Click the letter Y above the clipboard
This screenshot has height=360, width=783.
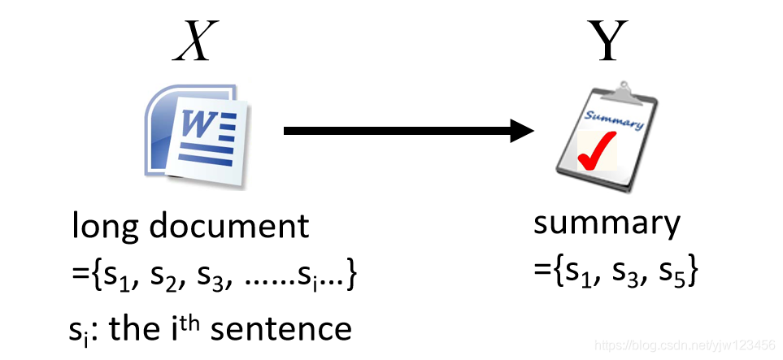click(607, 42)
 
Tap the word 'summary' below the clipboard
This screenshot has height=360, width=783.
click(606, 223)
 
